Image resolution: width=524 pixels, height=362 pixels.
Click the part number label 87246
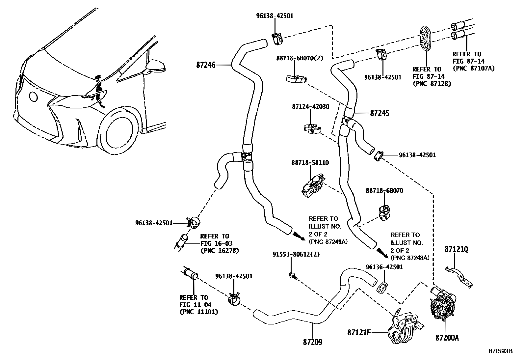pos(206,65)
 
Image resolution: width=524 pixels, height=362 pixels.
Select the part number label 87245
pos(380,113)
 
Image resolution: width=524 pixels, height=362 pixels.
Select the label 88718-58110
pos(310,163)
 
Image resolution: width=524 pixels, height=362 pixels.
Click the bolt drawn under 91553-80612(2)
pos(292,275)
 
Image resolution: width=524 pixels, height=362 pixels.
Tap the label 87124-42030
pos(310,107)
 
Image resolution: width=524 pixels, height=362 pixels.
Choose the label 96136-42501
pos(384,267)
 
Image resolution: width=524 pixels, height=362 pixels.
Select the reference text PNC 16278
pos(220,251)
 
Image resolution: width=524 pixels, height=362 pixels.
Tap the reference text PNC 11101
pos(199,312)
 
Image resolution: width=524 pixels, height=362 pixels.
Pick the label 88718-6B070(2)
pos(300,58)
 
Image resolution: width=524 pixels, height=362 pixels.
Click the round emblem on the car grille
pos(33,97)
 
